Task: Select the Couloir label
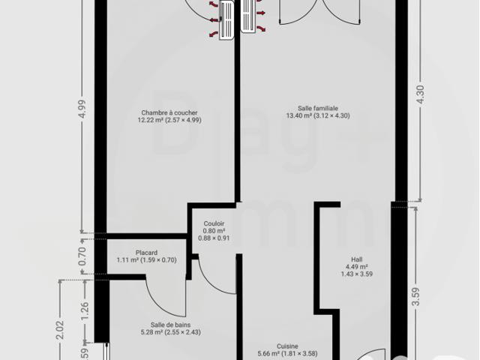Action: (x=214, y=223)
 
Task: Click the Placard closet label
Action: (x=147, y=253)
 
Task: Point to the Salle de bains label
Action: (x=170, y=325)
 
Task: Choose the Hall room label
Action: (x=357, y=259)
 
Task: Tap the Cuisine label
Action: (x=287, y=346)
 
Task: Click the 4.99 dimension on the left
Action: (x=82, y=109)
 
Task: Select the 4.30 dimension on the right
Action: (x=421, y=94)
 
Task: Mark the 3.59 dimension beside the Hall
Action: (x=415, y=296)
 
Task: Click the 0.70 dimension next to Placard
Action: (x=82, y=256)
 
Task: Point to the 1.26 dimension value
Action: (x=85, y=311)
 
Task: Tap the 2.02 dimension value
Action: (x=60, y=329)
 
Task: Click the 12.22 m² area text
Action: (x=150, y=120)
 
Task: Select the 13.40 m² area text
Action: (x=298, y=115)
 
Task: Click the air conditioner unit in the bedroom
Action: (x=226, y=20)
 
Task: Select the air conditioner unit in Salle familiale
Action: (x=248, y=16)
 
